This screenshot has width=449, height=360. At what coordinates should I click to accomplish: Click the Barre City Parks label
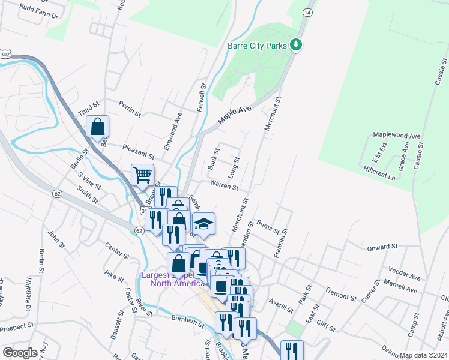pyautogui.click(x=256, y=46)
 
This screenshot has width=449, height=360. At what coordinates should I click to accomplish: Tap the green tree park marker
pyautogui.click(x=295, y=45)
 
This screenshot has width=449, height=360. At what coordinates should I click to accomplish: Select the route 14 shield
pyautogui.click(x=307, y=12)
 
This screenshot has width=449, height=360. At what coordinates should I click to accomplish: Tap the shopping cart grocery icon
pyautogui.click(x=143, y=175)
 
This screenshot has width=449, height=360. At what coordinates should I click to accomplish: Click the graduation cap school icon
pyautogui.click(x=204, y=224)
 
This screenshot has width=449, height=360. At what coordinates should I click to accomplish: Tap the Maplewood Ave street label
pyautogui.click(x=397, y=136)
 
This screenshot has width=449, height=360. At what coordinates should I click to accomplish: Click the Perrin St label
pyautogui.click(x=130, y=109)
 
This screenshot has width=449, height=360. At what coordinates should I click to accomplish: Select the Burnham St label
pyautogui.click(x=188, y=320)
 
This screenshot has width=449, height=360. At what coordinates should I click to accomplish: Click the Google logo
pyautogui.click(x=20, y=352)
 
